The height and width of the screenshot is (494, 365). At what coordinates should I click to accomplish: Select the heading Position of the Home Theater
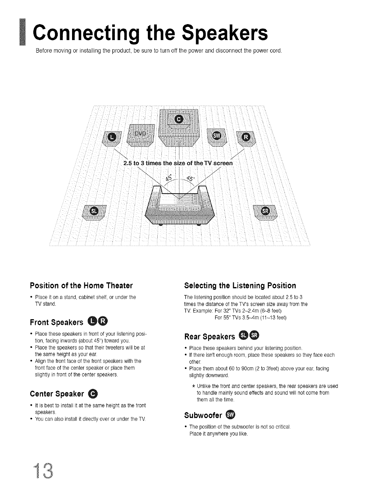(x=81, y=285)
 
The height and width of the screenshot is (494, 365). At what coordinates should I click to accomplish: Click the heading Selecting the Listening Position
(x=240, y=285)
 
